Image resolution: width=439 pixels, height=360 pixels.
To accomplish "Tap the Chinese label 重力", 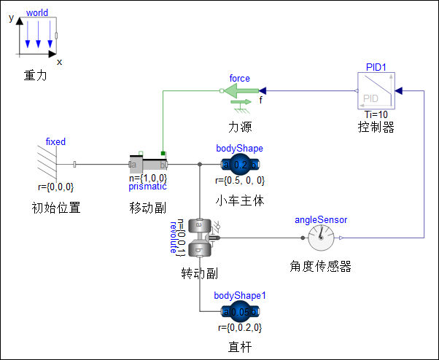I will (35, 75).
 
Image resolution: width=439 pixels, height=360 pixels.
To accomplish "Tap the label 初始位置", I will (55, 207).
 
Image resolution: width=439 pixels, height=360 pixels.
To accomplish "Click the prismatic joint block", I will (148, 163).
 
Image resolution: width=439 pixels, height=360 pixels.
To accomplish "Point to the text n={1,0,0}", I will (148, 177).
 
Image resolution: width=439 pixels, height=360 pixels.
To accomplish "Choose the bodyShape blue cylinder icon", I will (240, 164).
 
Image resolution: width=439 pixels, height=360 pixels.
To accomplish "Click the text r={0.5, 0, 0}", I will (240, 180).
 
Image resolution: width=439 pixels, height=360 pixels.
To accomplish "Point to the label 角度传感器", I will (320, 267).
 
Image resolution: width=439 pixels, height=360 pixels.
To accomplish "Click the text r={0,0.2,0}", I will (240, 328).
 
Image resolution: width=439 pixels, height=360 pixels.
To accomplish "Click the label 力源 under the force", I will (240, 128).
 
